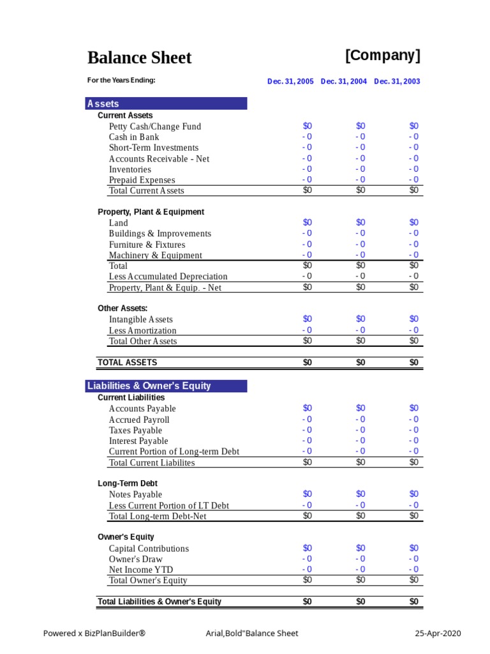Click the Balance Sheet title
click(x=139, y=58)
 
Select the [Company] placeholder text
click(x=383, y=56)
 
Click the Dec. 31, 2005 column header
click(x=290, y=82)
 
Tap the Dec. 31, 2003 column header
click(x=397, y=82)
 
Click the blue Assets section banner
click(x=166, y=103)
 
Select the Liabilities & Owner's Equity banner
click(x=166, y=386)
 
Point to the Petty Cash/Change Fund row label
click(x=155, y=126)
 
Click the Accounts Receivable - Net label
click(x=159, y=158)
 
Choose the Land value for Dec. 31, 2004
click(x=360, y=222)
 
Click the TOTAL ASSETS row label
click(x=127, y=362)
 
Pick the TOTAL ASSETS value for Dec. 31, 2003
click(x=414, y=362)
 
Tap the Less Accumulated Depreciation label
click(x=168, y=277)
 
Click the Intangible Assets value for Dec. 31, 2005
click(x=308, y=319)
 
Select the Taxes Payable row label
click(x=135, y=430)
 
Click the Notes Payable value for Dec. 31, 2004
click(x=360, y=494)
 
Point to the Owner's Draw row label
click(x=135, y=559)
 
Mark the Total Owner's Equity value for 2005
click(x=308, y=580)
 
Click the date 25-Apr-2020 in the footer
click(x=437, y=634)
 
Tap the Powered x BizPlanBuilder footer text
click(x=94, y=634)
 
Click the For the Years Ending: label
click(x=121, y=80)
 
